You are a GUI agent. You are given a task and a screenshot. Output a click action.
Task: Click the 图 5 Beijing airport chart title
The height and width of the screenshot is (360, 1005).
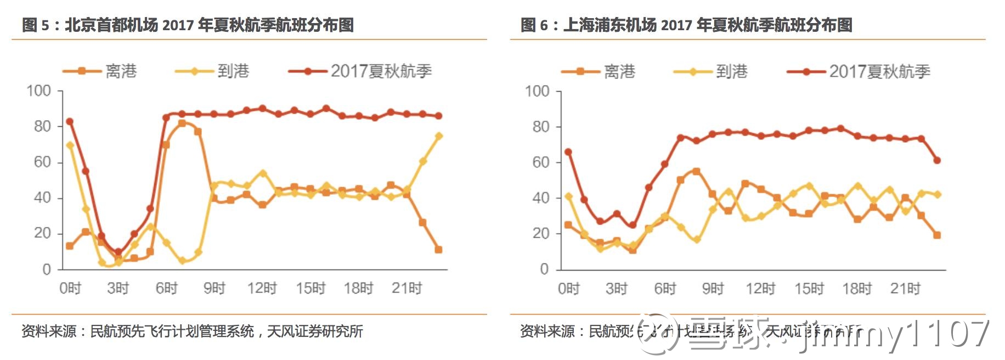tap(188, 25)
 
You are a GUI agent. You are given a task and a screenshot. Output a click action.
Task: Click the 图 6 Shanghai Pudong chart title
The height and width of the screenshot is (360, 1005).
tap(686, 25)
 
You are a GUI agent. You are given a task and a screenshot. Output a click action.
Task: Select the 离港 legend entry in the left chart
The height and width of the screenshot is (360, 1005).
tap(121, 71)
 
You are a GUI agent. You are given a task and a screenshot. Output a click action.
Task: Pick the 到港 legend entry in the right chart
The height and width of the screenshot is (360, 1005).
tap(731, 71)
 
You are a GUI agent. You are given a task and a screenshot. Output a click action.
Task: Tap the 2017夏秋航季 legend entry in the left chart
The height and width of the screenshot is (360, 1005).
tap(381, 71)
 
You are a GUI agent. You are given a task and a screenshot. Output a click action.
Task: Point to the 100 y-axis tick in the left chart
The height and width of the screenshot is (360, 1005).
tap(38, 91)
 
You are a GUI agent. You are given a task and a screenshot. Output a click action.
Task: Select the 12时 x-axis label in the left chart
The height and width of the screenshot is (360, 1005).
tap(262, 288)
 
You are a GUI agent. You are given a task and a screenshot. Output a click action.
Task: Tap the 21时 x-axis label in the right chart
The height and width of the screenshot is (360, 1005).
tap(905, 289)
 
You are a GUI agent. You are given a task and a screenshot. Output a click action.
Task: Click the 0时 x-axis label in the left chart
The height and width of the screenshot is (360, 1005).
tap(70, 288)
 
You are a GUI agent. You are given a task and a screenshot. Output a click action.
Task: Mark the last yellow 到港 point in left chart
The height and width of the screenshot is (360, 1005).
tap(439, 136)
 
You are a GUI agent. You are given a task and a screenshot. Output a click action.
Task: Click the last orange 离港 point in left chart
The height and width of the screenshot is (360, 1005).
tap(438, 250)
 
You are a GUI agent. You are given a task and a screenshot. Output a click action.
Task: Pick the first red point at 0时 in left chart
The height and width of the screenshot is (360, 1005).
tap(70, 121)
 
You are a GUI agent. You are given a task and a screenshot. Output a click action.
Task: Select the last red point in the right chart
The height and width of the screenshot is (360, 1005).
tap(937, 160)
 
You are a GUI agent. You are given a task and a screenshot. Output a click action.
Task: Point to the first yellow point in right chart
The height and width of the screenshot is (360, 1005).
tap(568, 196)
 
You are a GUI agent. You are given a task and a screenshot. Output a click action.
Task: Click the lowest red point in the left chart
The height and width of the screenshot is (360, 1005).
tap(118, 252)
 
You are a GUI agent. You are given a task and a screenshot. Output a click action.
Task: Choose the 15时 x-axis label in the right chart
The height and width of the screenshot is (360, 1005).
tap(809, 289)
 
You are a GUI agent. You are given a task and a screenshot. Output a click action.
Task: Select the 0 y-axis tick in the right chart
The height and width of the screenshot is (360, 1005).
tap(544, 269)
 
